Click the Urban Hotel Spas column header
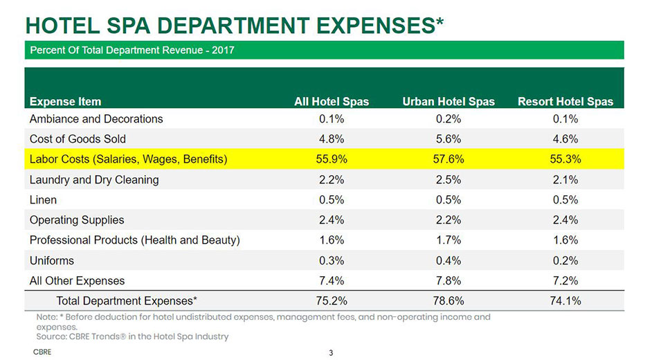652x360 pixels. pos(449,101)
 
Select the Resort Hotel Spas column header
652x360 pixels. pos(565,101)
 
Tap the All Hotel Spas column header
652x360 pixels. pos(332,101)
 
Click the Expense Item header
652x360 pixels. pos(65,101)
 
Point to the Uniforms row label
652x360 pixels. pos(52,260)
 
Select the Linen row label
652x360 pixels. pos(43,199)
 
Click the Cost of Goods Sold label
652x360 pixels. pos(78,138)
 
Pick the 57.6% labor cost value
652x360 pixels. pos(449,159)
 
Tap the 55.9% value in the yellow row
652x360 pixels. pos(332,159)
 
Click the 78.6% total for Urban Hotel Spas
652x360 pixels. pos(449,300)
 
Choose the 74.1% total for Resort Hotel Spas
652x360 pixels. pos(565,300)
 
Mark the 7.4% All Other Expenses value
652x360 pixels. pos(332,280)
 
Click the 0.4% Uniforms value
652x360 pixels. pos(449,260)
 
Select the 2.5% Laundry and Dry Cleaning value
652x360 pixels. pos(449,179)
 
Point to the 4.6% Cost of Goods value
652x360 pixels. pos(565,138)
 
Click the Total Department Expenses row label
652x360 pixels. pos(127,300)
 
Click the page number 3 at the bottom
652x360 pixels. pos(331,353)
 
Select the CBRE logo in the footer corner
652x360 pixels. pos(42,352)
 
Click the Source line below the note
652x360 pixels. pos(132,336)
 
